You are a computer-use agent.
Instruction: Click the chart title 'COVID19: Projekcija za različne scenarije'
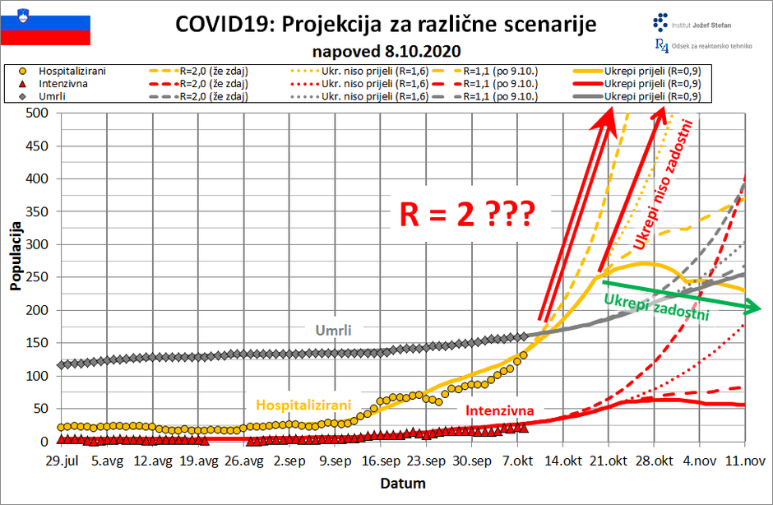tap(386, 24)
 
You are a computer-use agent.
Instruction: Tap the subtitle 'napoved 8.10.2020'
tap(386, 50)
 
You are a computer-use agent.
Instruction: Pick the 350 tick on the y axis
tap(38, 211)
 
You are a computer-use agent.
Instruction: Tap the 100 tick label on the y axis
tap(38, 376)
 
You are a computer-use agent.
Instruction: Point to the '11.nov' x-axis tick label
tap(744, 461)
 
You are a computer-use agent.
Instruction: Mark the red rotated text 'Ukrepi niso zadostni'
tap(664, 184)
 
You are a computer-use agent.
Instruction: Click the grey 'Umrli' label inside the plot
tap(333, 330)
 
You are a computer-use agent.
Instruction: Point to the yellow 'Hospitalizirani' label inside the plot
tap(303, 404)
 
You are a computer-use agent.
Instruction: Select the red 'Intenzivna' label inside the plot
tap(499, 410)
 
